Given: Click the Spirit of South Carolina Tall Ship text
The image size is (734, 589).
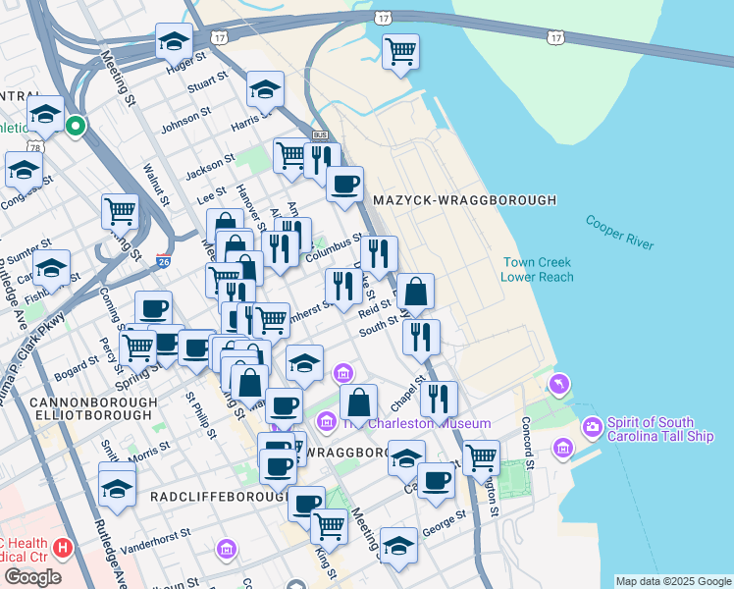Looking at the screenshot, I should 660,429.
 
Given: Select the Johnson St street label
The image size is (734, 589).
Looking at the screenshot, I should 181,126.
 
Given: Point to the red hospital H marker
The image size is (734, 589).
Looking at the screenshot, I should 62,547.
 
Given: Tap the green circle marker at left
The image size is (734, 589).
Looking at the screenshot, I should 75,126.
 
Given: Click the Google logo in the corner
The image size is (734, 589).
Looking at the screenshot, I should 33,577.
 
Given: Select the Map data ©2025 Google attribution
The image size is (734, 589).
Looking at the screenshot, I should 672,581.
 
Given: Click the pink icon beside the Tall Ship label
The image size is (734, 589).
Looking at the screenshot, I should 593,427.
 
